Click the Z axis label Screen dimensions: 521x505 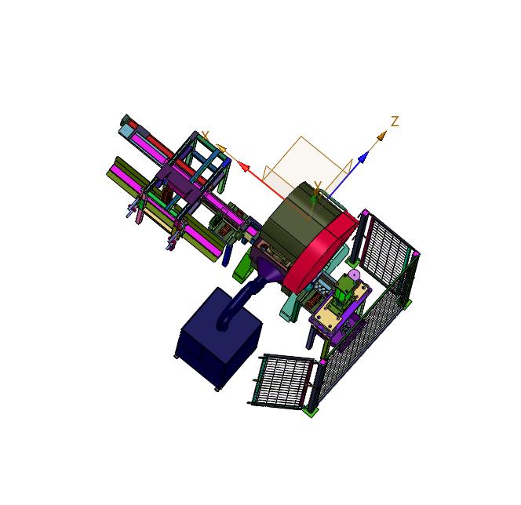pos(395,122)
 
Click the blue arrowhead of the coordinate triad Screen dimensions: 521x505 pos(364,157)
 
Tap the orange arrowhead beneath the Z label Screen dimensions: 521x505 pos(381,136)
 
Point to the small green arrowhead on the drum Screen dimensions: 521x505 pos(313,198)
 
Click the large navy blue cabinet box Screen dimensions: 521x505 pos(218,338)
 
